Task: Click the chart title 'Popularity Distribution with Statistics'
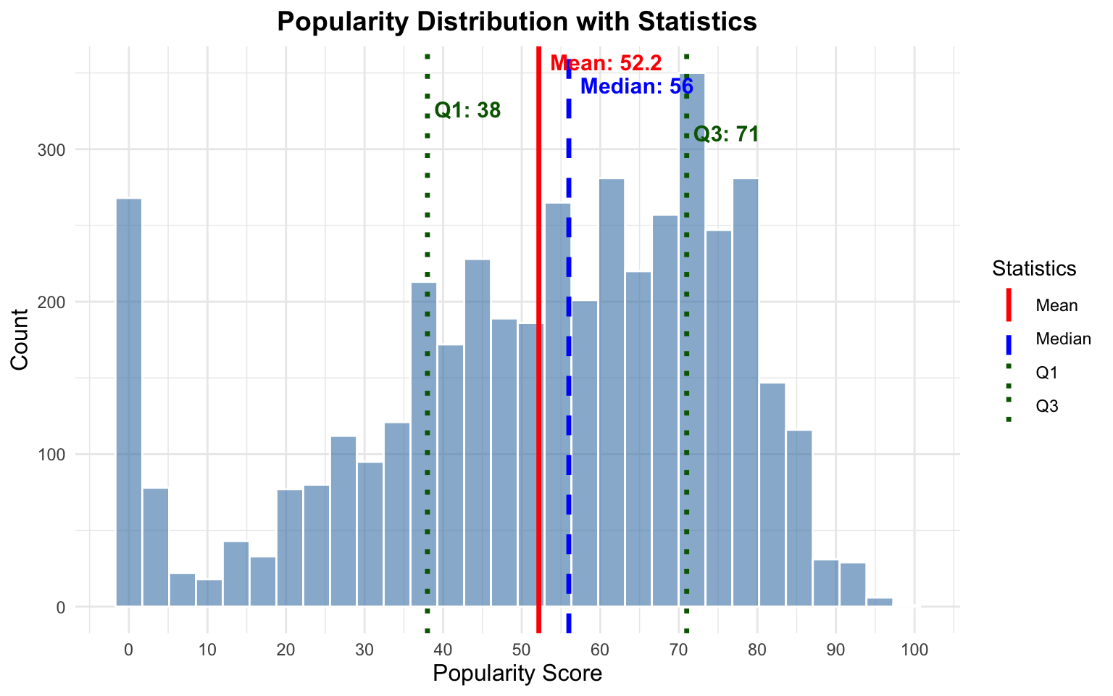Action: point(517,22)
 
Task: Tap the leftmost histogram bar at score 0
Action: point(129,402)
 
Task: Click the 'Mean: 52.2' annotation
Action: point(606,63)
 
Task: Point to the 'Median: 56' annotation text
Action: point(637,87)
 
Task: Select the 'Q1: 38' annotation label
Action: point(467,110)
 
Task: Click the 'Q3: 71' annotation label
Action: point(726,134)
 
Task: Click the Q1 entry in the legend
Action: point(1047,373)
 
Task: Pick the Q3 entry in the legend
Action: point(1047,407)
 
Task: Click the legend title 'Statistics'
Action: point(1033,268)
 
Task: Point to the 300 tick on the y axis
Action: point(57,149)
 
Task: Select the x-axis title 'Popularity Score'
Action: point(517,674)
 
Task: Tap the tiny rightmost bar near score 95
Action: point(879,602)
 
